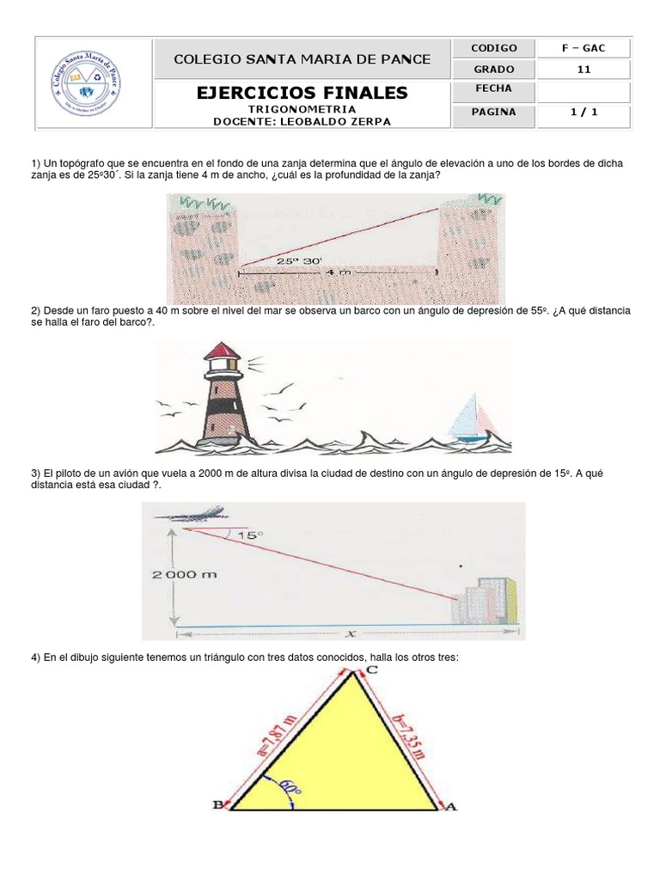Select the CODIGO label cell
click(494, 48)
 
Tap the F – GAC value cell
click(584, 48)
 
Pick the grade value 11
click(584, 70)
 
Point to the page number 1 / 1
click(584, 112)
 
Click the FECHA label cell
click(493, 89)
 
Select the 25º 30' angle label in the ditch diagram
click(299, 260)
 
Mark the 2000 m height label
click(185, 575)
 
